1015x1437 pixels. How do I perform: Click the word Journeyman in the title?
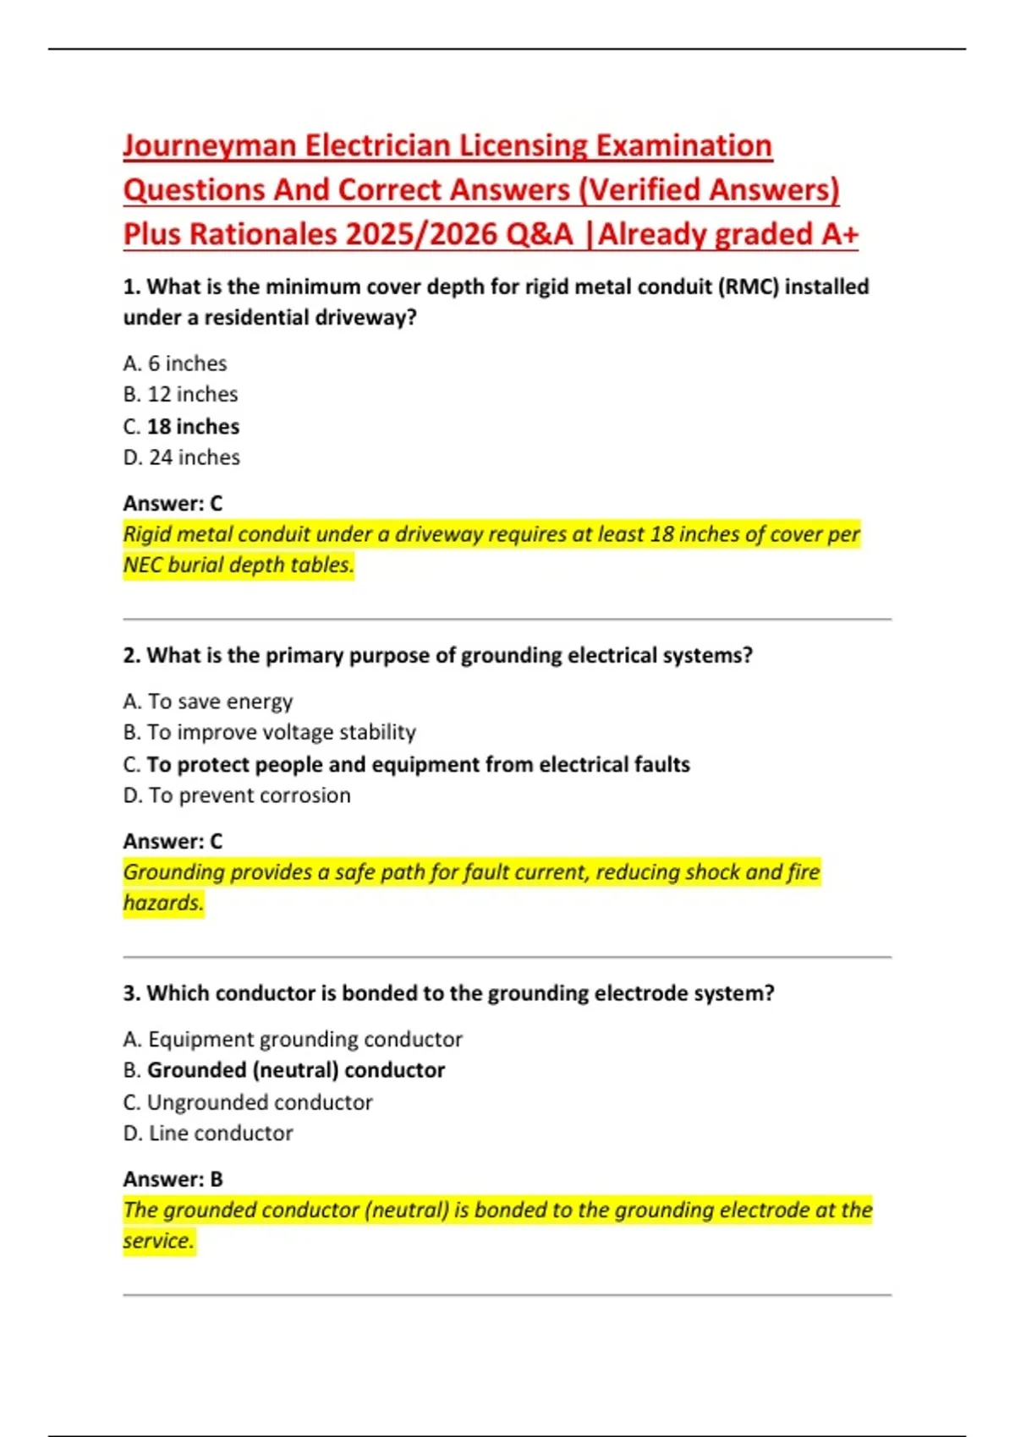point(209,146)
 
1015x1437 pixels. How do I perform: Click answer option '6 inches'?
point(187,363)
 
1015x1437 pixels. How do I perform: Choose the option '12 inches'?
point(192,395)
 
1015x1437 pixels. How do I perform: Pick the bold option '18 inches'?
point(193,427)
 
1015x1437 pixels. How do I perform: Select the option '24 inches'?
point(194,457)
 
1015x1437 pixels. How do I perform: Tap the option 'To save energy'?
point(220,702)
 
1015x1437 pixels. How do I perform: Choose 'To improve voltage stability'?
point(281,732)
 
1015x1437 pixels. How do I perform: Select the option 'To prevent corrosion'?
point(249,795)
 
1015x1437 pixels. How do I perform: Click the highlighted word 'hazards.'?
point(163,903)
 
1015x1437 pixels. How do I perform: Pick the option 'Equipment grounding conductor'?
point(304,1039)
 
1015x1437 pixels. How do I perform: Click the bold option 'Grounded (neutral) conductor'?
point(295,1070)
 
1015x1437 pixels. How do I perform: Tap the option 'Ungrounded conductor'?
point(259,1102)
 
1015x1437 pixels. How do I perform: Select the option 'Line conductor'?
point(220,1134)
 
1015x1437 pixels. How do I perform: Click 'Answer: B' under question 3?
point(173,1179)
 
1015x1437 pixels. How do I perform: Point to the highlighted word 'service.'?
point(159,1241)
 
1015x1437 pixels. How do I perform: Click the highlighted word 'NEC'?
point(142,565)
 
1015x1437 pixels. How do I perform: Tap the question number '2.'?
point(131,656)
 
